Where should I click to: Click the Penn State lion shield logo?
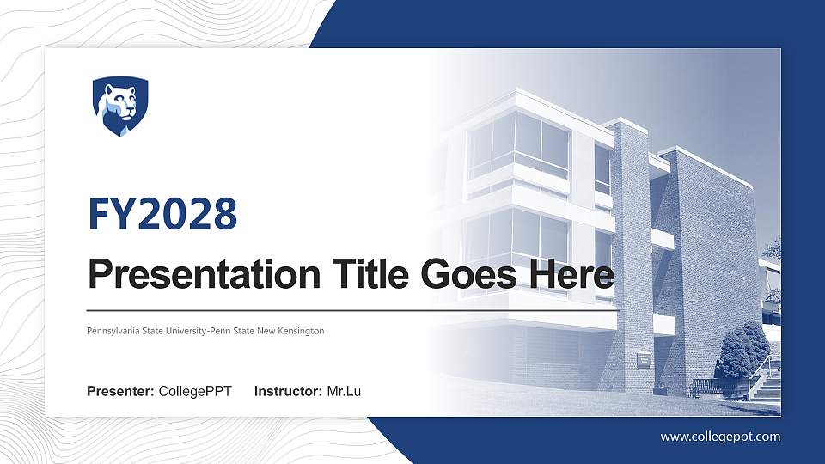(120, 106)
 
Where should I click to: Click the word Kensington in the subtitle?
(300, 331)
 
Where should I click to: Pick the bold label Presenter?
(120, 392)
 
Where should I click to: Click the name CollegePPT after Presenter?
(195, 392)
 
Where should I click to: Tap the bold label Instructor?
(289, 392)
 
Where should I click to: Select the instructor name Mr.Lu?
(344, 392)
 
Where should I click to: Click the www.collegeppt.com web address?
(720, 437)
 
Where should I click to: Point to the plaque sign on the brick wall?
(643, 357)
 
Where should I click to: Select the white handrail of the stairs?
(760, 371)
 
